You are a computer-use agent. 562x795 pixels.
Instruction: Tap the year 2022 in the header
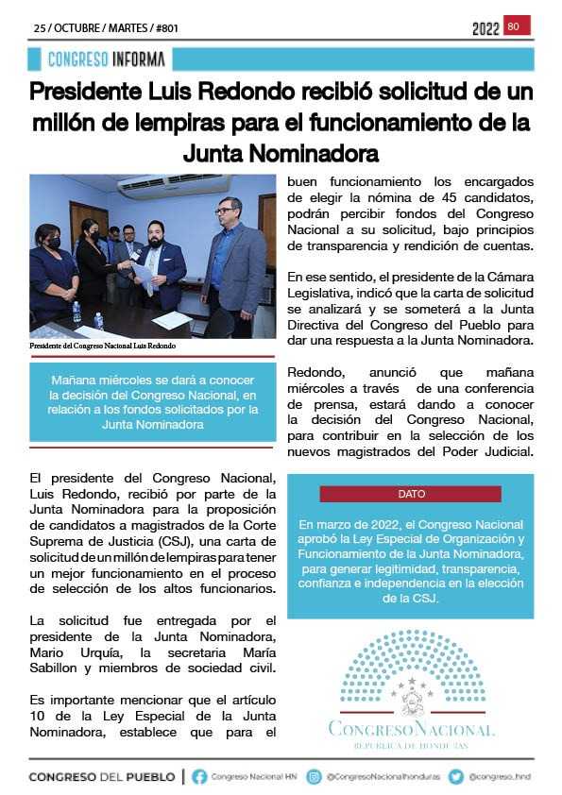tap(485, 29)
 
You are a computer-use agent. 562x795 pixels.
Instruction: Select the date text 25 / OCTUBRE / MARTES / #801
tap(106, 28)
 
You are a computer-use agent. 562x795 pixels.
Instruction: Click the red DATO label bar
tap(411, 494)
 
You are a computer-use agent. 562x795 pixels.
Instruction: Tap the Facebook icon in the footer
tap(199, 776)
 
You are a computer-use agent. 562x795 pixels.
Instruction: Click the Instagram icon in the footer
tap(315, 776)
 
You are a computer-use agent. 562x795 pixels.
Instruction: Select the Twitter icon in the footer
tap(456, 776)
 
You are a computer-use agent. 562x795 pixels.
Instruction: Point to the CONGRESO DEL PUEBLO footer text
tap(102, 777)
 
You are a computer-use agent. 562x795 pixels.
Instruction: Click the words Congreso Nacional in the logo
tap(410, 729)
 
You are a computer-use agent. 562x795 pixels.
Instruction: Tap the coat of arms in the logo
tap(410, 701)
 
